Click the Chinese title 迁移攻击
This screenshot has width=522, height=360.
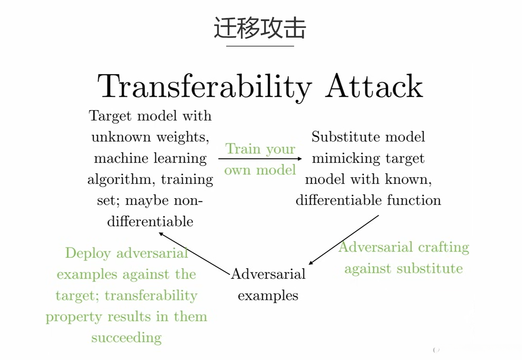260,28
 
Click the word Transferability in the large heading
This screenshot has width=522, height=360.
204,87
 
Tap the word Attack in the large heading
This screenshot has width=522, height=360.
374,87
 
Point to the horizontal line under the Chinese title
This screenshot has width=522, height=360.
260,46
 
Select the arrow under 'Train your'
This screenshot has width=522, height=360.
260,158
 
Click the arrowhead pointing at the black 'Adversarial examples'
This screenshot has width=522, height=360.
311,263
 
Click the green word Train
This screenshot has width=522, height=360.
243,149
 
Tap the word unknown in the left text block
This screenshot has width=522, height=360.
121,137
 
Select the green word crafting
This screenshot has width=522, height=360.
444,248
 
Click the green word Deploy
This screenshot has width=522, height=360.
88,253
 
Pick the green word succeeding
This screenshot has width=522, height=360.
126,338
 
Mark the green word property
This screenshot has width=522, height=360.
74,317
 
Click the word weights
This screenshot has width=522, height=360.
183,137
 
